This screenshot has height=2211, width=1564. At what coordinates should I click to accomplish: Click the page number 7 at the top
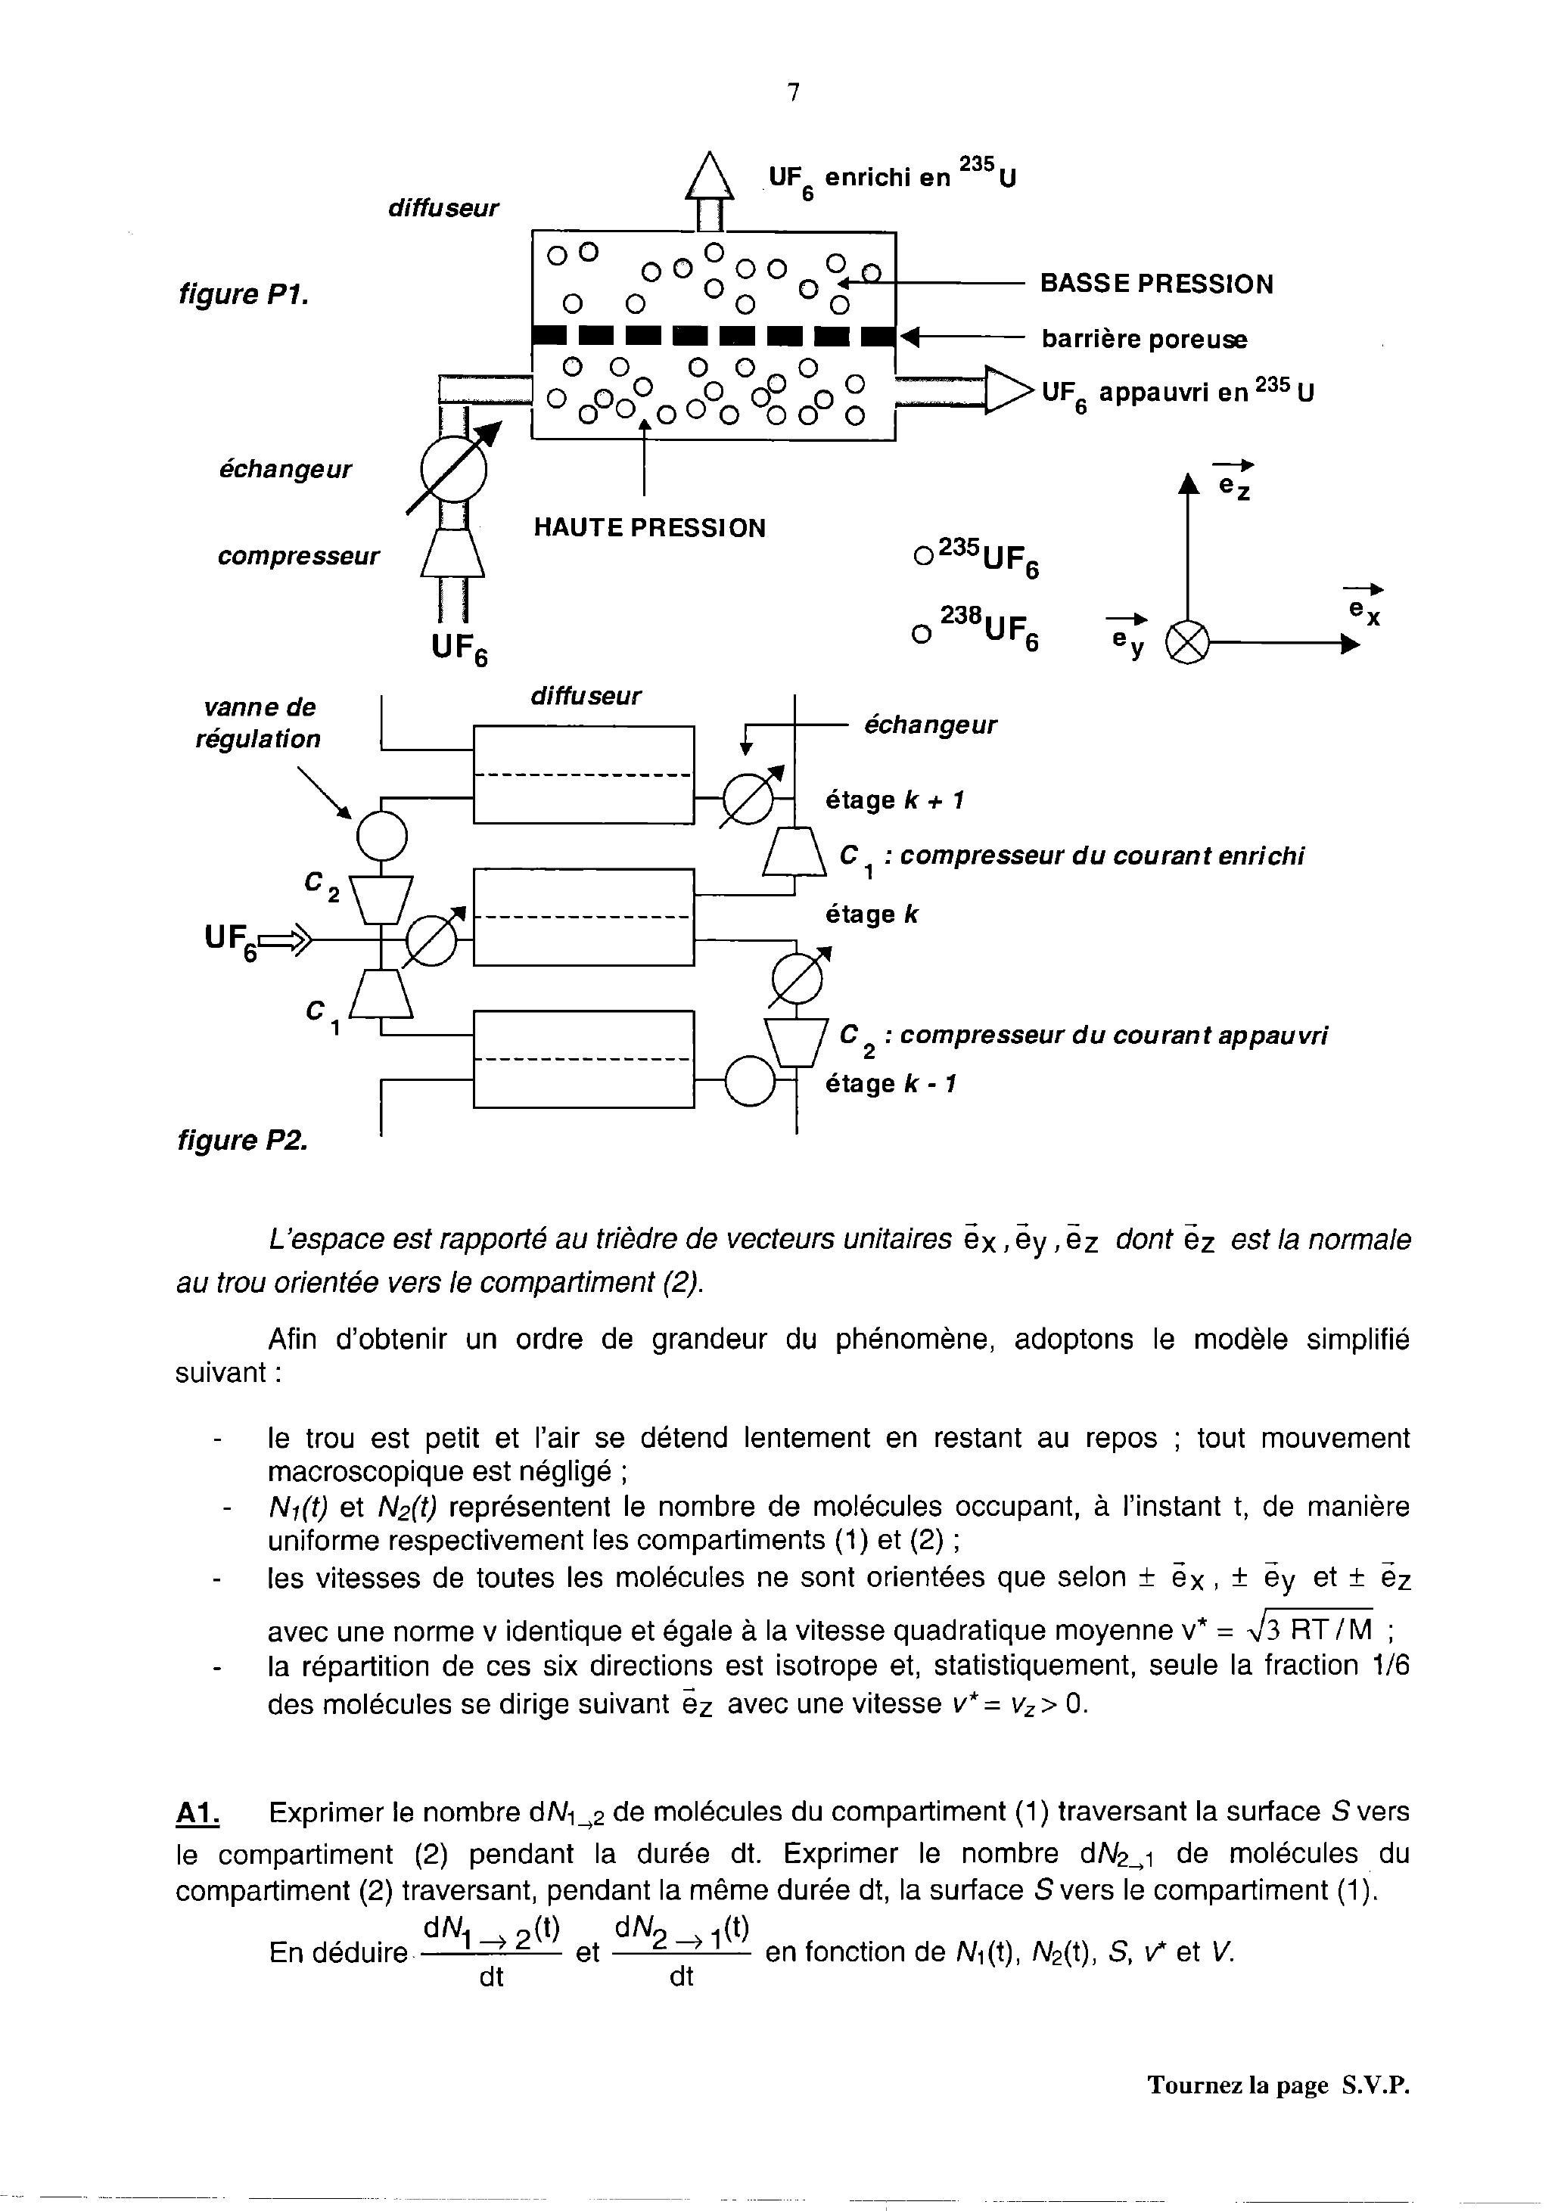pos(793,92)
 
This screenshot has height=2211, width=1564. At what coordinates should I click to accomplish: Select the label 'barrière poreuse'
pos(1144,339)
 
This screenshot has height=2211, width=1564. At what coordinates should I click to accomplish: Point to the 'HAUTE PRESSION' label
pos(649,528)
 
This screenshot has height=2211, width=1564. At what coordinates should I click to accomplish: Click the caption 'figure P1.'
pos(244,293)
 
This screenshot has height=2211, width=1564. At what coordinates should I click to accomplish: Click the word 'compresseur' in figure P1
pos(299,556)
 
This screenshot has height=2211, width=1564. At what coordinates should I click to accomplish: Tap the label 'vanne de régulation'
pos(258,723)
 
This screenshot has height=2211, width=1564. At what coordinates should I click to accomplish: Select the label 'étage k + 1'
pos(894,800)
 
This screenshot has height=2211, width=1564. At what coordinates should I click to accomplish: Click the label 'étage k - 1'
pos(891,1084)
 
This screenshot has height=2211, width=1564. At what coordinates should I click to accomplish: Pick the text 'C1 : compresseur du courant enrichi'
pos(1072,857)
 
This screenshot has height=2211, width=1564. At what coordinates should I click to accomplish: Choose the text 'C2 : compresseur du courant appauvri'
pos(1084,1036)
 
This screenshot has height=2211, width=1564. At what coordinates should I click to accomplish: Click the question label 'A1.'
pos(198,1812)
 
